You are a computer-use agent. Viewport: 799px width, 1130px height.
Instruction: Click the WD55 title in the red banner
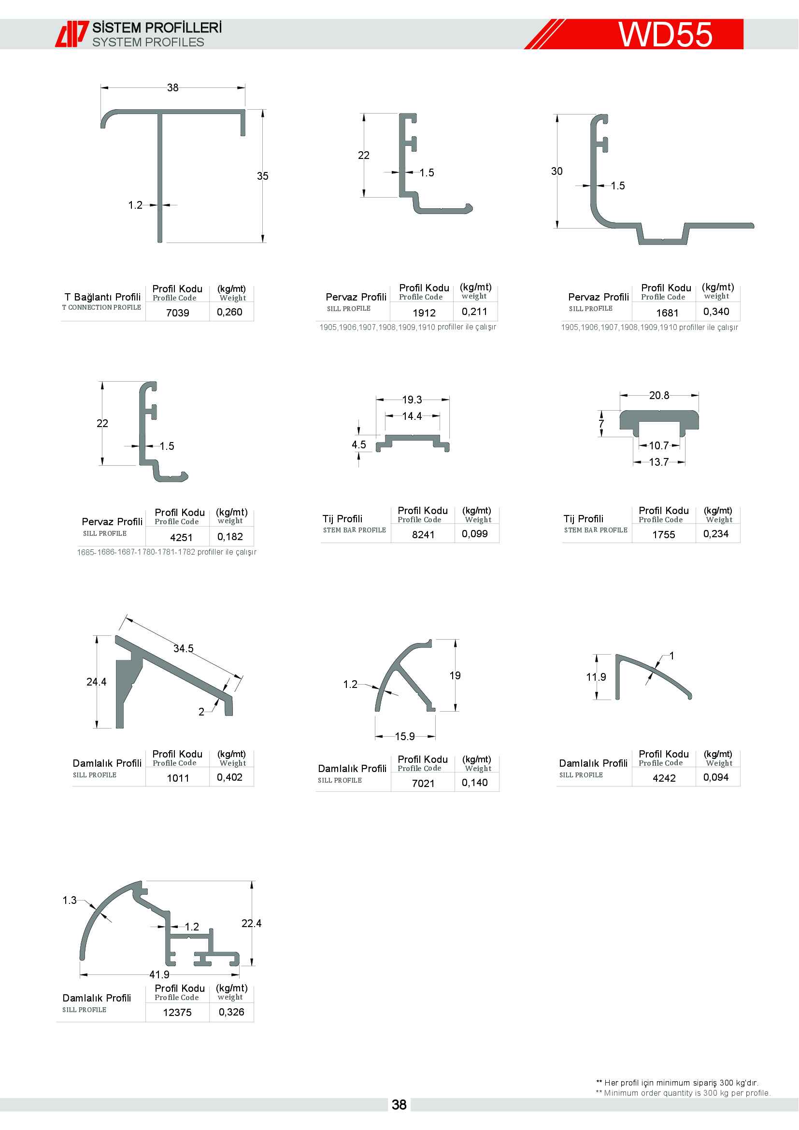[x=665, y=34]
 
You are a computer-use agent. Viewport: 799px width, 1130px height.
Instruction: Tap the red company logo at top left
[x=72, y=34]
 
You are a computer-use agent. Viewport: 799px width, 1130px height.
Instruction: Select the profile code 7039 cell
[x=178, y=313]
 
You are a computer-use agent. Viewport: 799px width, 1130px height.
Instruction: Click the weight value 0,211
[x=474, y=312]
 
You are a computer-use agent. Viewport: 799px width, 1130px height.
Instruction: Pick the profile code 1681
[x=667, y=313]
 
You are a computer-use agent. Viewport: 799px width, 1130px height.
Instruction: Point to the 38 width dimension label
[x=172, y=87]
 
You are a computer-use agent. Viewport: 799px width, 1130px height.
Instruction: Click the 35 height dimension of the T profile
[x=263, y=176]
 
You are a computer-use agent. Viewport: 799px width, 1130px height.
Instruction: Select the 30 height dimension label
[x=556, y=172]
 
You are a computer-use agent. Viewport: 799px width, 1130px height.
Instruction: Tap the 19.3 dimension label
[x=412, y=400]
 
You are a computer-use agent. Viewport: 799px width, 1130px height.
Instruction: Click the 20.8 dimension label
[x=659, y=395]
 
